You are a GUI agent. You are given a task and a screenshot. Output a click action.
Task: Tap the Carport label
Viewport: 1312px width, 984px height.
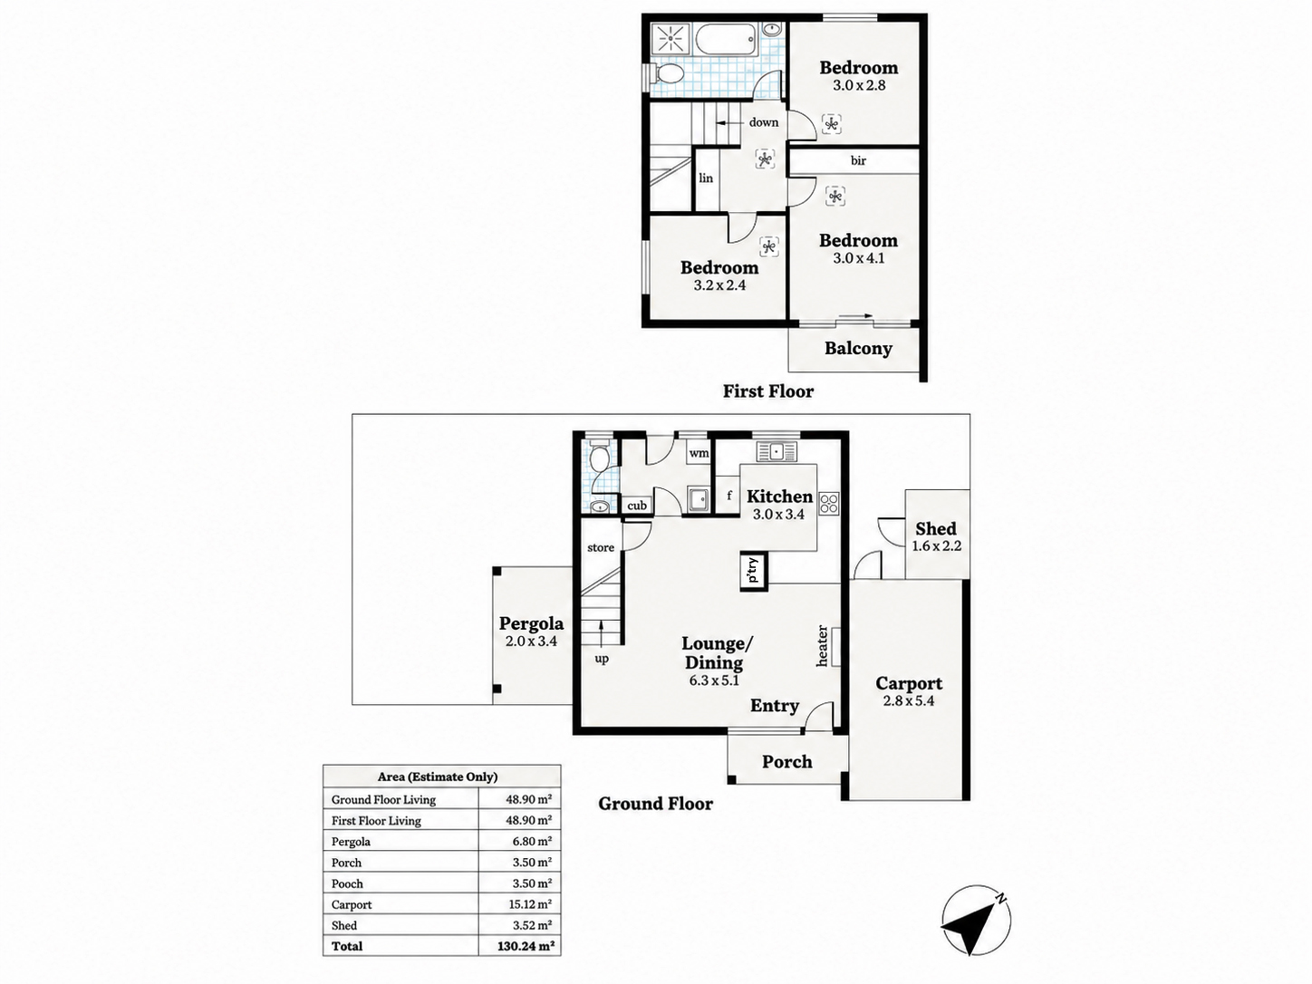pyautogui.click(x=909, y=683)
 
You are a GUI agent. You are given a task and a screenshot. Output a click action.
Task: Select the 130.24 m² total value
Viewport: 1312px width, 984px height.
pyautogui.click(x=526, y=946)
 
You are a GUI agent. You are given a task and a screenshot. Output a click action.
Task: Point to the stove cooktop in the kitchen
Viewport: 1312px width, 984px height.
pyautogui.click(x=829, y=503)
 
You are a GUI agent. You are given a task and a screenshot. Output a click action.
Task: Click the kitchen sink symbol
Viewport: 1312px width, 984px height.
pyautogui.click(x=777, y=451)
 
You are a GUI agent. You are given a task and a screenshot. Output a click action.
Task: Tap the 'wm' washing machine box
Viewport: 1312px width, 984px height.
pyautogui.click(x=699, y=453)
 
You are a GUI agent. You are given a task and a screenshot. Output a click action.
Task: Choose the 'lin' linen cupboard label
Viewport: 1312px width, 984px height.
pyautogui.click(x=706, y=178)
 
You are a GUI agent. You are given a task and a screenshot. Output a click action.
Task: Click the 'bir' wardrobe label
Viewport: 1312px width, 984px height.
pyautogui.click(x=858, y=160)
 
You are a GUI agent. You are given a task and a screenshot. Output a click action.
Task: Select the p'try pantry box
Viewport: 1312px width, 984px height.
pyautogui.click(x=754, y=570)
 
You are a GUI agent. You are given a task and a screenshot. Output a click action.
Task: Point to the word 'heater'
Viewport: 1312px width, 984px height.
pyautogui.click(x=823, y=646)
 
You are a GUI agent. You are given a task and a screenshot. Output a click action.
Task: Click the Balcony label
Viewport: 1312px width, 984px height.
pyautogui.click(x=858, y=348)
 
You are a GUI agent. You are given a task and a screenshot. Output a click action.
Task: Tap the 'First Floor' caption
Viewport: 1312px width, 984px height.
pyautogui.click(x=768, y=391)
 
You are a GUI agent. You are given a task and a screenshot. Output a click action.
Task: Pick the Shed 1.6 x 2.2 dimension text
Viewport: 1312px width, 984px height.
pyautogui.click(x=937, y=546)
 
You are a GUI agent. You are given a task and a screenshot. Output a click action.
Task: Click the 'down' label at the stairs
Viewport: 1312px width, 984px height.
pyautogui.click(x=764, y=122)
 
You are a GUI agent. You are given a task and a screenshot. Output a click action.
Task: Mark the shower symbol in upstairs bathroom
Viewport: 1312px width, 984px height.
pyautogui.click(x=670, y=40)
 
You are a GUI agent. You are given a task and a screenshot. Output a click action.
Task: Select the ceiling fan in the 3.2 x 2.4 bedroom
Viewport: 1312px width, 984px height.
pyautogui.click(x=769, y=246)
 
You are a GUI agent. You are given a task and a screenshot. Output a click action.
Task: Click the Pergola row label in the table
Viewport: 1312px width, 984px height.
pyautogui.click(x=351, y=842)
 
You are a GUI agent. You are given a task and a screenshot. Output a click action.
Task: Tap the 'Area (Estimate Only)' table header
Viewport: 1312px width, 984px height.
pyautogui.click(x=438, y=777)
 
